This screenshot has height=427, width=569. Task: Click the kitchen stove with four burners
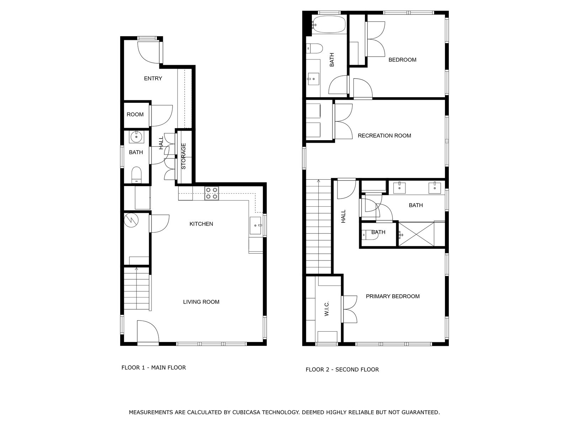pos(212,193)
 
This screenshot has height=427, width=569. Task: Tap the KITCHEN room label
pos(201,224)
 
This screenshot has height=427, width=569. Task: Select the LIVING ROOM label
pos(201,302)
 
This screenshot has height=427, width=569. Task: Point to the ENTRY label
pos(153,78)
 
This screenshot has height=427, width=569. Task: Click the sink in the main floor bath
pos(136,137)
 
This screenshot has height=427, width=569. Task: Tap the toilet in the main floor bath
pos(136,175)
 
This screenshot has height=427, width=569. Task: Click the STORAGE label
pos(184,156)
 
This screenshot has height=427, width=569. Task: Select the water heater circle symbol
pos(131,220)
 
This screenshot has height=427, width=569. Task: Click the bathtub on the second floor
pos(329,25)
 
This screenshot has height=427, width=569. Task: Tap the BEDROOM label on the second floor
pos(402,60)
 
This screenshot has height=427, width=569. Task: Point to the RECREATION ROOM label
pos(384,136)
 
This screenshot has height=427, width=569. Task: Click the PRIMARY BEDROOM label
pos(393,296)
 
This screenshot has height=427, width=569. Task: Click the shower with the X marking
pos(416,234)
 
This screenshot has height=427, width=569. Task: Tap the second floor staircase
pos(319,228)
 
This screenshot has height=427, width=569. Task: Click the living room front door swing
pos(148,331)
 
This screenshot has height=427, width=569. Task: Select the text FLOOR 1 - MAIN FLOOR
pos(154,368)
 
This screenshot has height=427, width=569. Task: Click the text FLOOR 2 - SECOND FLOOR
pos(342,370)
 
